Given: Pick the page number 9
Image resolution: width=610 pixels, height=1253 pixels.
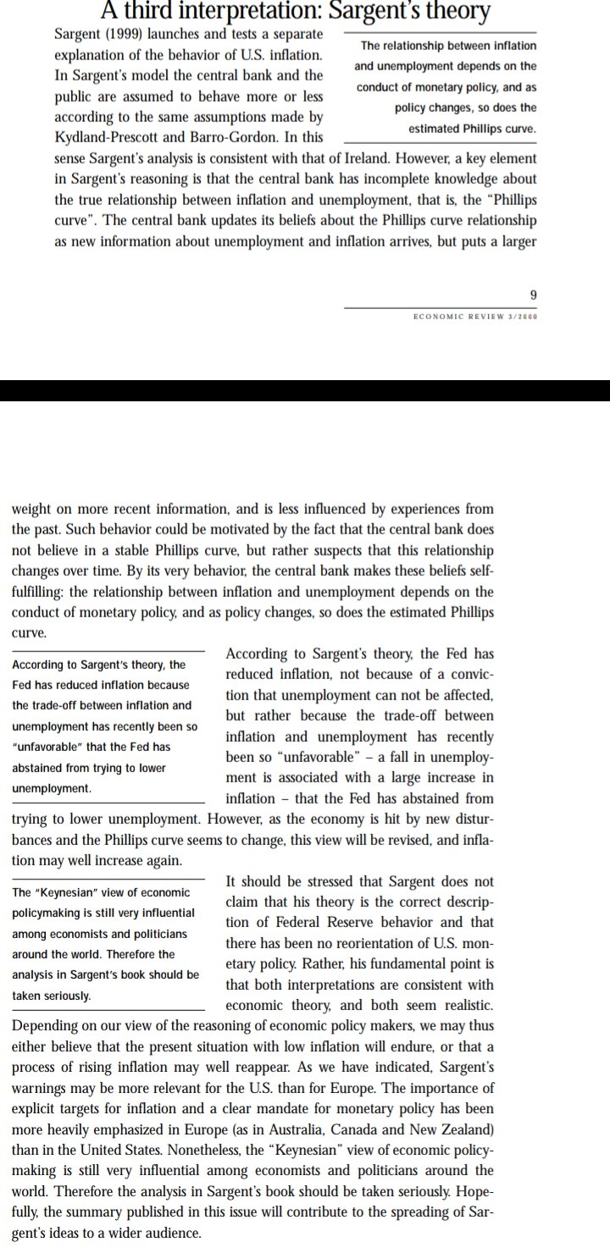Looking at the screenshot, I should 532,295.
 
